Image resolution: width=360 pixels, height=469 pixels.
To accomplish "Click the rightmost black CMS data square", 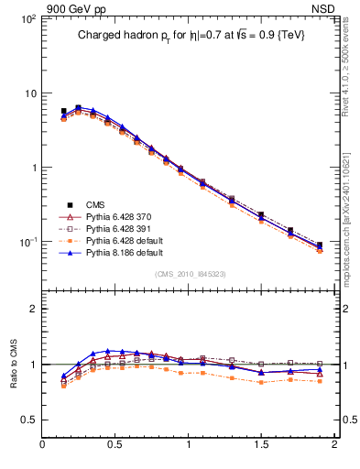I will (319, 245).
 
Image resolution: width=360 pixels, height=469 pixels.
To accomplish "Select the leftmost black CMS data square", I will (63, 112).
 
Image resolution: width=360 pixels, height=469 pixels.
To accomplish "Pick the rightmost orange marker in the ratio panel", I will (319, 380).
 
